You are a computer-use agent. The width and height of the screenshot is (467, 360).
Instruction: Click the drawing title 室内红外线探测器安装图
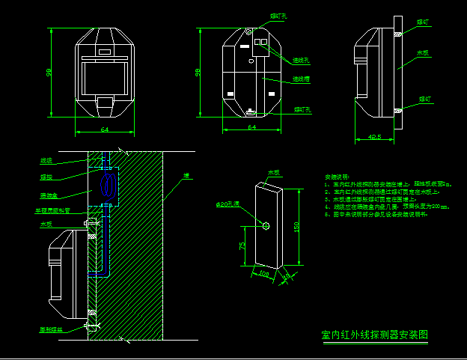(x=375, y=335)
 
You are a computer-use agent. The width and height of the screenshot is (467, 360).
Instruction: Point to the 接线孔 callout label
(x=301, y=60)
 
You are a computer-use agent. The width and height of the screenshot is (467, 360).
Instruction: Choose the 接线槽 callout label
(x=301, y=79)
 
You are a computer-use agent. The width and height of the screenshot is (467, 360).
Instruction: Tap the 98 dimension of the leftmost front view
(x=49, y=72)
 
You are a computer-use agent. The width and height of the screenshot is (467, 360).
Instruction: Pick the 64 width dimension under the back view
(x=251, y=128)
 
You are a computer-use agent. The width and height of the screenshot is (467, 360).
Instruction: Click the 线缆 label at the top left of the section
(x=46, y=160)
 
